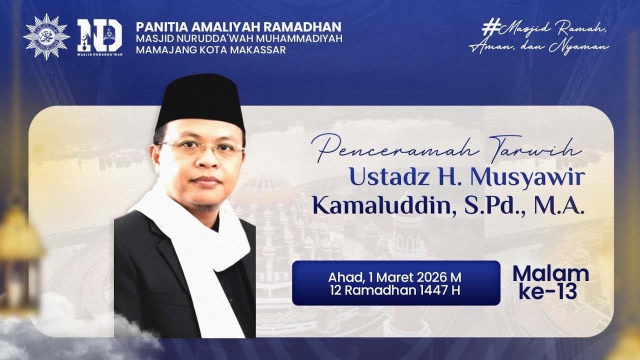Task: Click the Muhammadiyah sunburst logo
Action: pyautogui.click(x=46, y=37)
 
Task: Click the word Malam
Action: pyautogui.click(x=550, y=274)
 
